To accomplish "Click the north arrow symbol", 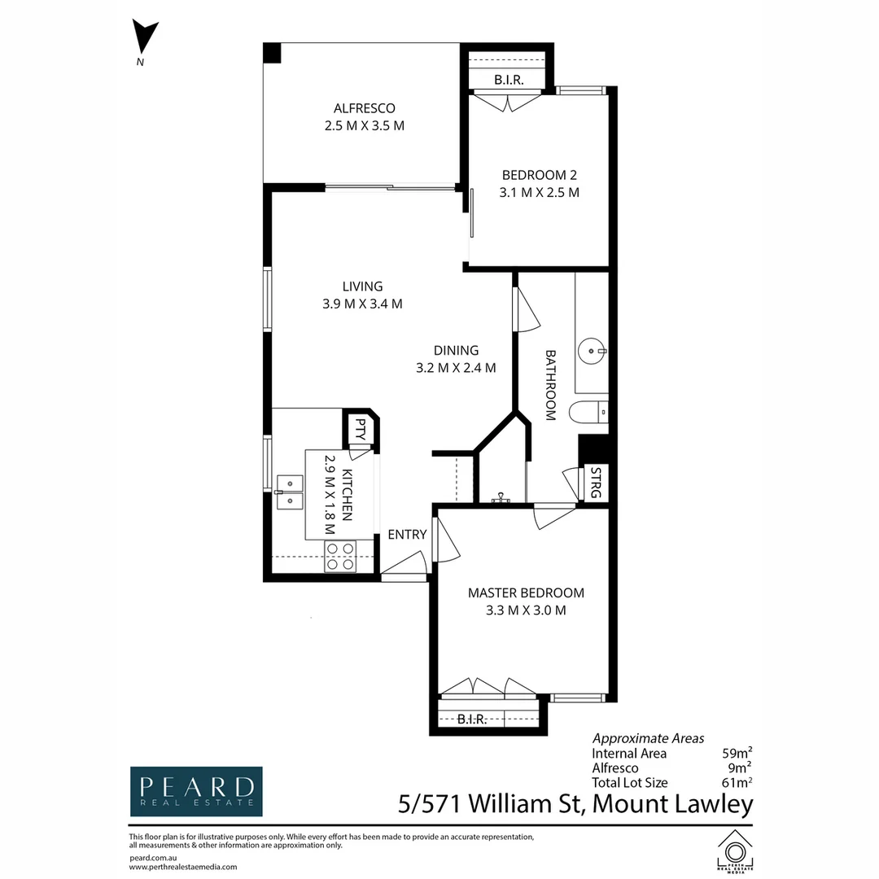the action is (145, 38).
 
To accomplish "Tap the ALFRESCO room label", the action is (365, 108).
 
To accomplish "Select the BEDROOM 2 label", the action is (540, 175).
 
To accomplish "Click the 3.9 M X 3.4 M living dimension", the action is (362, 304).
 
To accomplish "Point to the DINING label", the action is (457, 350).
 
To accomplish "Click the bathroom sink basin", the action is (592, 352).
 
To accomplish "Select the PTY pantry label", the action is (361, 430).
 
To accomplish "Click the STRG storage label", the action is (596, 483).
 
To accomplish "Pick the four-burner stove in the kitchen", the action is (340, 557).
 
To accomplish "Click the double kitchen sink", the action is (290, 492).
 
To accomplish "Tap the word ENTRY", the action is (408, 535).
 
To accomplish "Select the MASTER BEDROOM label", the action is (526, 593).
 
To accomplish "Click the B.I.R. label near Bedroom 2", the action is (509, 80).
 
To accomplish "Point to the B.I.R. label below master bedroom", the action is (471, 719).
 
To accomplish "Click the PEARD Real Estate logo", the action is (196, 792).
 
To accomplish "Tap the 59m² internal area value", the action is (737, 753).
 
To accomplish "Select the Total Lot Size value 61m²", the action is (737, 783).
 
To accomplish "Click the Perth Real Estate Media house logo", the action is (735, 851).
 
